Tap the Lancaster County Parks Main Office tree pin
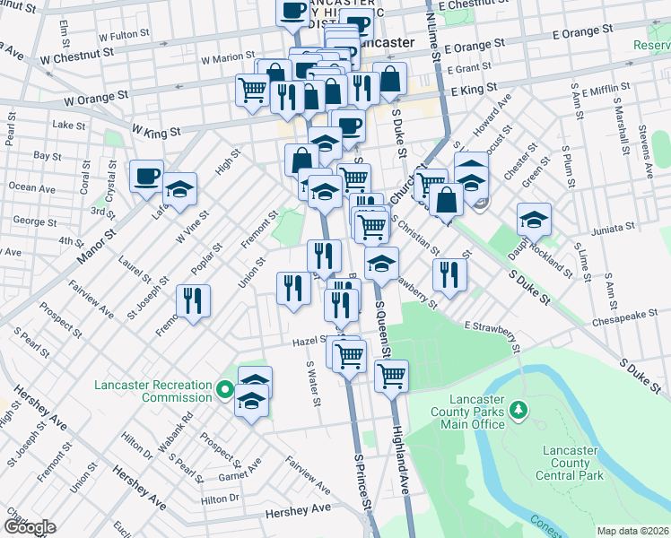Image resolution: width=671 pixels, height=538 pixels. [x=518, y=411]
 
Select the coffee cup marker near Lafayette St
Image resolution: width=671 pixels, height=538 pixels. [x=146, y=176]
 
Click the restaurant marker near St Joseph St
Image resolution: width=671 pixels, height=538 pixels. [x=194, y=300]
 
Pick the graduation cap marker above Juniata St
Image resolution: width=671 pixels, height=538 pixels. [x=534, y=219]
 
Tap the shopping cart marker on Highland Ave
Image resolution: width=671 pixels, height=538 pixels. [x=391, y=377]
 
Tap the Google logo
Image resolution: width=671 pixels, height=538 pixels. [x=29, y=527]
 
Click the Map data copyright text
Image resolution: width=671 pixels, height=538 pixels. [x=632, y=531]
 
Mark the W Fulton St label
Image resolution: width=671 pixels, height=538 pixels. [x=124, y=37]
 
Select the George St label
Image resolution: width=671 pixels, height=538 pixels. [x=35, y=221]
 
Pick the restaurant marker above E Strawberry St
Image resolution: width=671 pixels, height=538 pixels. [x=449, y=275]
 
